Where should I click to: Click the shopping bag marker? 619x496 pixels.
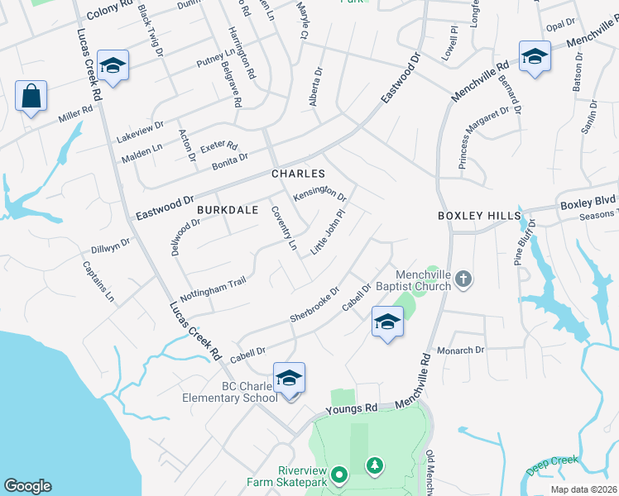(31, 96)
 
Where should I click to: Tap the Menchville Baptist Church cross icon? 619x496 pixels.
(464, 281)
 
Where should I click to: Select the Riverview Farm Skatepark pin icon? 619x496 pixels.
(338, 475)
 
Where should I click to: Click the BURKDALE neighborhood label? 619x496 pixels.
(223, 211)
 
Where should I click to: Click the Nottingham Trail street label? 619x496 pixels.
(214, 293)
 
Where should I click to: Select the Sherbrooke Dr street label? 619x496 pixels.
(314, 305)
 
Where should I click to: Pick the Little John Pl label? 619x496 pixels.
(326, 236)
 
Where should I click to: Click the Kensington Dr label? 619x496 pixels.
(320, 193)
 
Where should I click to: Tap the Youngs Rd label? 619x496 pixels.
(351, 408)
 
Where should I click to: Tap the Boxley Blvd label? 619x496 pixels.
(588, 203)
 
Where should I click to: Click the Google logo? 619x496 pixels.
(27, 486)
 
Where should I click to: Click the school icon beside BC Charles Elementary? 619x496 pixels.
(289, 379)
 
